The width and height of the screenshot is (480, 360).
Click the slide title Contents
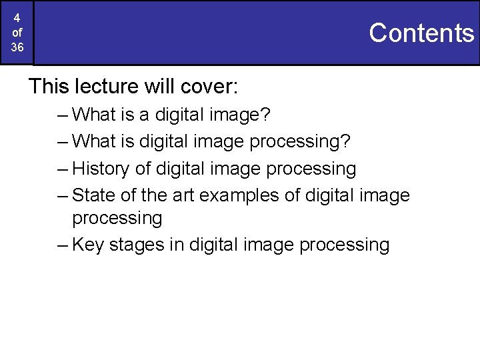(x=421, y=33)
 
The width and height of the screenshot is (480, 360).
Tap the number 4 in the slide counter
(x=17, y=18)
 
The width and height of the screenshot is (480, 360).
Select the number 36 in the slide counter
(x=17, y=47)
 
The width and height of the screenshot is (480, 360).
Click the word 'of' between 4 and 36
(x=17, y=33)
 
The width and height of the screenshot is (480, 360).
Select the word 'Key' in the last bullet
(x=88, y=245)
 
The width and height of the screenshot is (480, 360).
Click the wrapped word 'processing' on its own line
(x=117, y=219)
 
